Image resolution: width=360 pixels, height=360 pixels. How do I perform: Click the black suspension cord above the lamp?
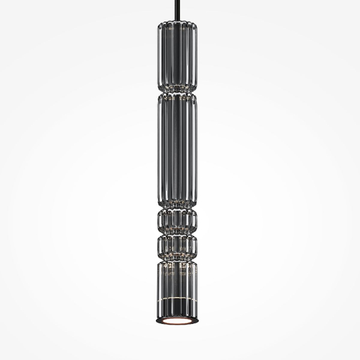coord(178,10)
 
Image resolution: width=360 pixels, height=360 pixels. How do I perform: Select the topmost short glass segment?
coord(178,56)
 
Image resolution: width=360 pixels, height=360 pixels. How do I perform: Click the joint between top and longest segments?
coord(178,94)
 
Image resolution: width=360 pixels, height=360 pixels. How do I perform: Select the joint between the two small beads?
coord(178,233)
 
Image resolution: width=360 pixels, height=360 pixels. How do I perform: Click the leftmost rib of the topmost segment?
coord(160,56)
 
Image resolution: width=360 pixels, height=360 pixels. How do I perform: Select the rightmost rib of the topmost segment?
coord(195,56)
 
